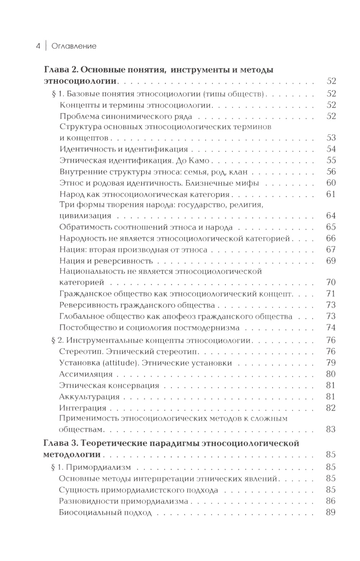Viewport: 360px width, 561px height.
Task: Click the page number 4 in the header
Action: (38, 46)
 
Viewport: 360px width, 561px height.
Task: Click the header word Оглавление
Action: (74, 46)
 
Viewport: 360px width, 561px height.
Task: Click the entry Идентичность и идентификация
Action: (123, 149)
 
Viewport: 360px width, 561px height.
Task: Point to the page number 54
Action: (331, 149)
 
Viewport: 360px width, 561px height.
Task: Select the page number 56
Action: (331, 172)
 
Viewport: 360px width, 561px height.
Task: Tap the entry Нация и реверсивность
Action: (106, 261)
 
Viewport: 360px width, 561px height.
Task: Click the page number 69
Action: (331, 261)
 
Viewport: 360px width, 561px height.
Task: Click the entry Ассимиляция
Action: (86, 374)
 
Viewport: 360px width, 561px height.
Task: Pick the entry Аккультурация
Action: (89, 397)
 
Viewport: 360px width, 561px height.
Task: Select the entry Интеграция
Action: (82, 408)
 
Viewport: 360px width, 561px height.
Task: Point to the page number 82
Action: (331, 408)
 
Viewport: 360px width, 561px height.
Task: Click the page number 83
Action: (331, 429)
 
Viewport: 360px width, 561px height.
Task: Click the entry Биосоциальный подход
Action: (105, 512)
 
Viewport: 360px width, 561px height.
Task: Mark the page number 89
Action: (331, 512)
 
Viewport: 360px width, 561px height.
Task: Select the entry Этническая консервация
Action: (109, 386)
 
